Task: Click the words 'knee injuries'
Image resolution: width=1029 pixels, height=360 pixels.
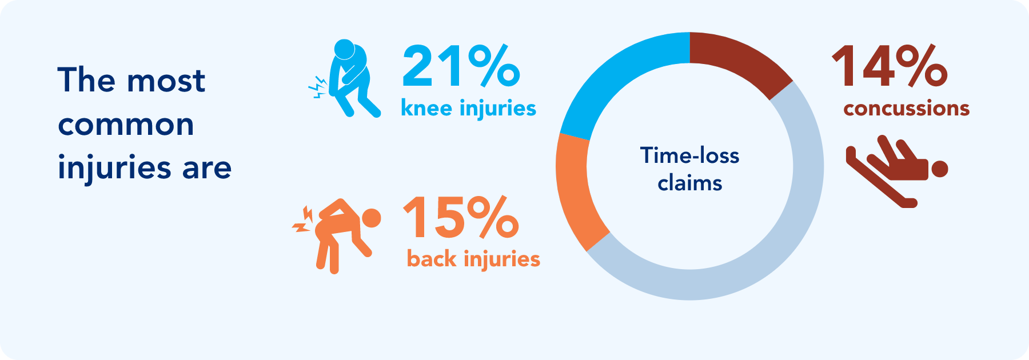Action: [468, 108]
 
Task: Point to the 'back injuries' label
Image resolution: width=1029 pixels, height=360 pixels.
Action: [473, 259]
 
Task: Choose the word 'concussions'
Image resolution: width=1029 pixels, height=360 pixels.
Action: [906, 108]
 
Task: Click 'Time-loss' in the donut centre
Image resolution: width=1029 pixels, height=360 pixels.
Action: [689, 155]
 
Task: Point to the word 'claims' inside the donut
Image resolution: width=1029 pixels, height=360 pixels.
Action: [689, 183]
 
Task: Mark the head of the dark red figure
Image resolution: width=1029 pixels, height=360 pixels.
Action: [940, 169]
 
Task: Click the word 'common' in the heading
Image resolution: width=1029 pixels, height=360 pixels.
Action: [126, 124]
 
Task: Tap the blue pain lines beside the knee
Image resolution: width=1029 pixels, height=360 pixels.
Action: [317, 87]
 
